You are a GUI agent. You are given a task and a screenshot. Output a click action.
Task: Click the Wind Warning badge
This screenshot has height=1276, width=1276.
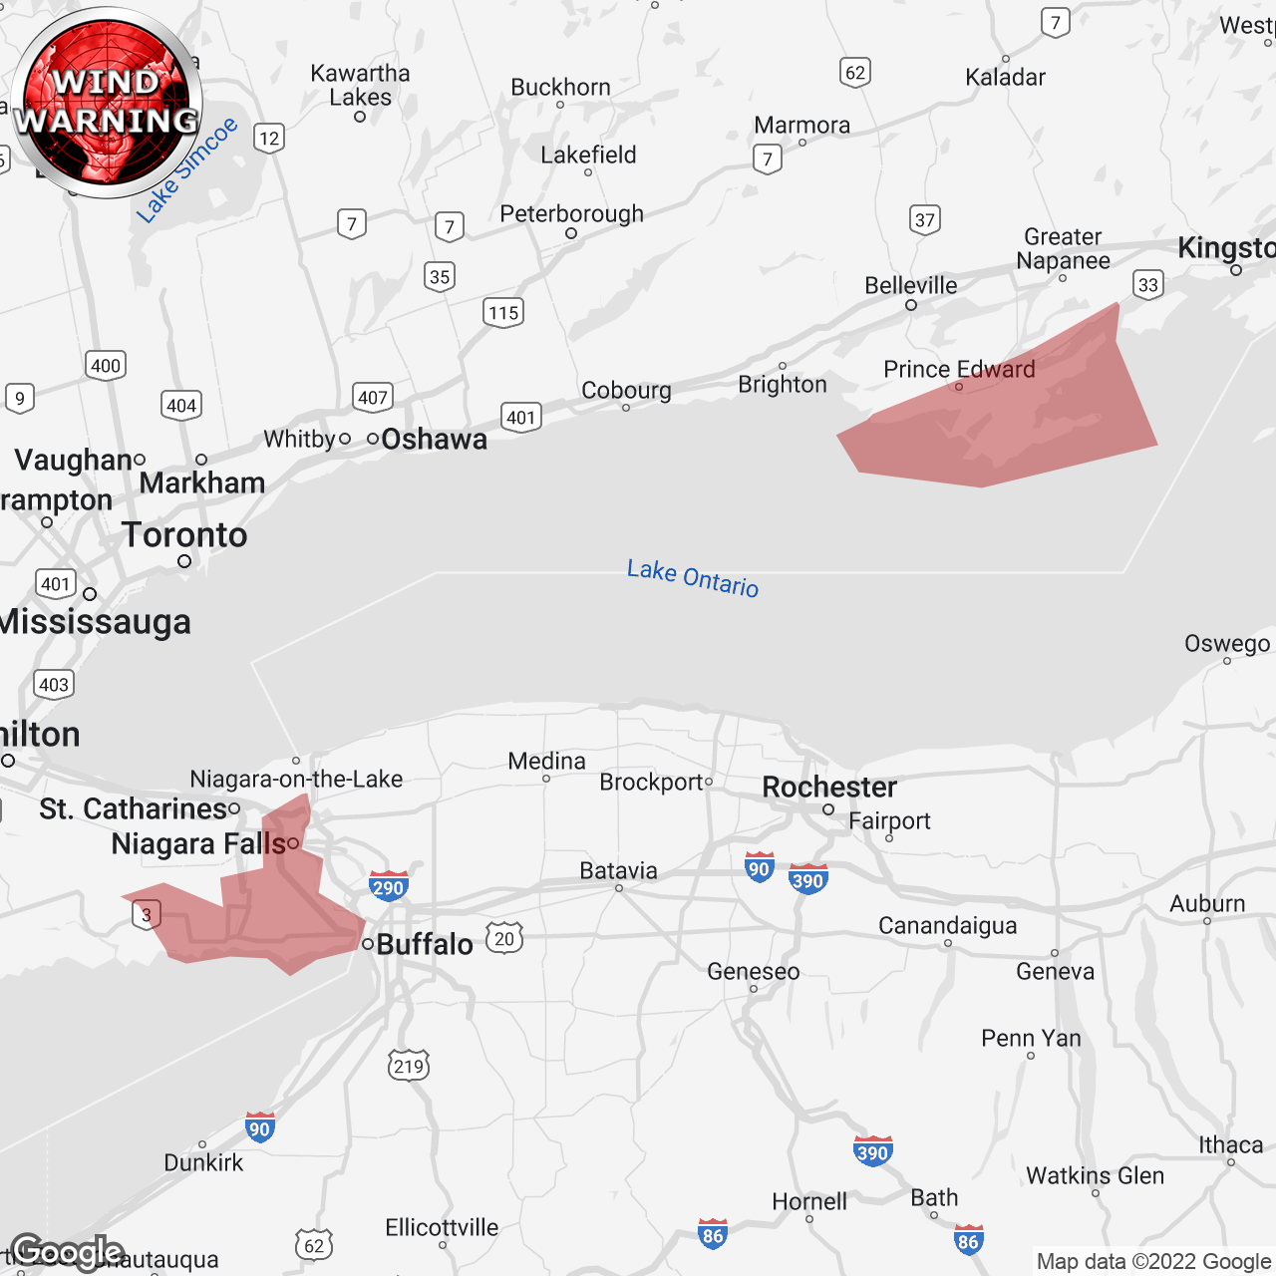(107, 103)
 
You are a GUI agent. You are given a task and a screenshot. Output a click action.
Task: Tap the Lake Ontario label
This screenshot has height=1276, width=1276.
(693, 578)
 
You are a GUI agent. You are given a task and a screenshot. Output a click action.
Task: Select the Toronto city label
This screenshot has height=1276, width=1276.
(184, 535)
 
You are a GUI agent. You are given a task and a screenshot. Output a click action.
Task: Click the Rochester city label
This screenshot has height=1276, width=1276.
(829, 788)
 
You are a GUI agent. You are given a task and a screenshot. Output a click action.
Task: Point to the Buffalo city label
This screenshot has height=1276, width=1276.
(425, 944)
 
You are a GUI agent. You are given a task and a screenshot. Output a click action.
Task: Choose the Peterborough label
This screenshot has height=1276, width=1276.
(571, 214)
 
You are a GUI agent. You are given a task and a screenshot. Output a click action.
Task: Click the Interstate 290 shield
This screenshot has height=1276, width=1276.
(388, 886)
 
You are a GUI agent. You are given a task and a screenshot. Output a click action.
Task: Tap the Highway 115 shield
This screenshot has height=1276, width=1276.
(503, 312)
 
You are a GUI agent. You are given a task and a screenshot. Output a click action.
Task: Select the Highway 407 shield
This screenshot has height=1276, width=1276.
(373, 398)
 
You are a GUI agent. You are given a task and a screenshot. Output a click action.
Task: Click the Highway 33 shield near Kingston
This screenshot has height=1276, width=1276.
(1148, 285)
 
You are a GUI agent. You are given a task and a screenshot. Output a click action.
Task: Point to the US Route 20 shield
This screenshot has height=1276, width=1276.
(504, 938)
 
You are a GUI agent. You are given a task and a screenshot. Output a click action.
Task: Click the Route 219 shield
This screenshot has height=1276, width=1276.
(409, 1066)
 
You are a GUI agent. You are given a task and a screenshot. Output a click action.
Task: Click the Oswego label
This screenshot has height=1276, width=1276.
(1227, 644)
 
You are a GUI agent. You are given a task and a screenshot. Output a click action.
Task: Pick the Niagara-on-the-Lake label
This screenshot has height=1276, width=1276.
(296, 779)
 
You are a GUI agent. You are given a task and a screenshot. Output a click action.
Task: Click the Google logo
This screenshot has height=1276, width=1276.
(67, 1251)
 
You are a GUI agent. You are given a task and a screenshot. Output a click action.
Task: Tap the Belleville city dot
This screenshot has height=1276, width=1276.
(911, 305)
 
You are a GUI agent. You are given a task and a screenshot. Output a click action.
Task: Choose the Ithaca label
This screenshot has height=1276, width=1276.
(1230, 1145)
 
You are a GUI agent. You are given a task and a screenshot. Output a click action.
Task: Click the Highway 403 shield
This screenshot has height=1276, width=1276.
(54, 685)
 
